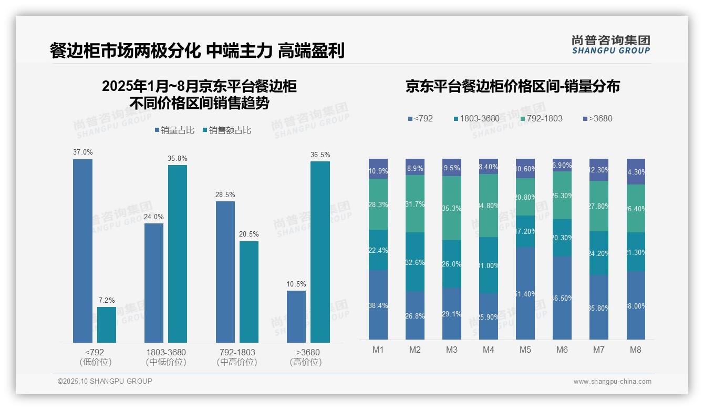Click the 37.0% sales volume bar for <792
(x=82, y=251)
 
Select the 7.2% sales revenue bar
(x=107, y=324)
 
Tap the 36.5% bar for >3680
(x=320, y=252)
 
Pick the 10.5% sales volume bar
(x=296, y=316)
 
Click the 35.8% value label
(x=178, y=158)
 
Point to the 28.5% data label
(x=225, y=194)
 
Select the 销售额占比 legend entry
(x=226, y=130)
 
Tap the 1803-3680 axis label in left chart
(x=166, y=352)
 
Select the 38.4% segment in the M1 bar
(x=378, y=305)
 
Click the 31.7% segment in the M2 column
(x=415, y=204)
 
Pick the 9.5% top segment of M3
(x=452, y=167)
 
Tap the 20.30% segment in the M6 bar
(x=562, y=238)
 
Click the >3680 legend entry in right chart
(x=597, y=118)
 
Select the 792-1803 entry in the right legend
(x=541, y=118)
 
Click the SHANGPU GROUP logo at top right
(x=610, y=45)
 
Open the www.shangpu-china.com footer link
(x=612, y=382)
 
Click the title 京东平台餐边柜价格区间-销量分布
(x=512, y=86)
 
